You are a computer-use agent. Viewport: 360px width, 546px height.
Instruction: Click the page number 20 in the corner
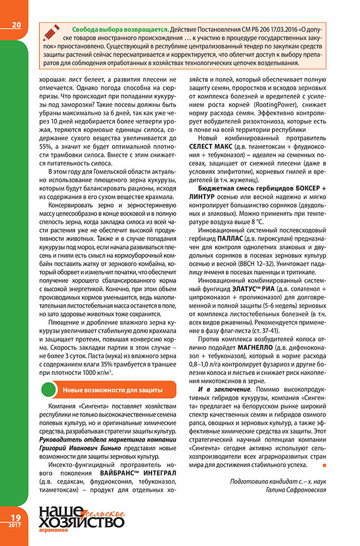pyautogui.click(x=16, y=25)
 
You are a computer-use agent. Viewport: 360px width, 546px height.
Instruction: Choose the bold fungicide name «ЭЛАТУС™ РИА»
pyautogui.click(x=253, y=288)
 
